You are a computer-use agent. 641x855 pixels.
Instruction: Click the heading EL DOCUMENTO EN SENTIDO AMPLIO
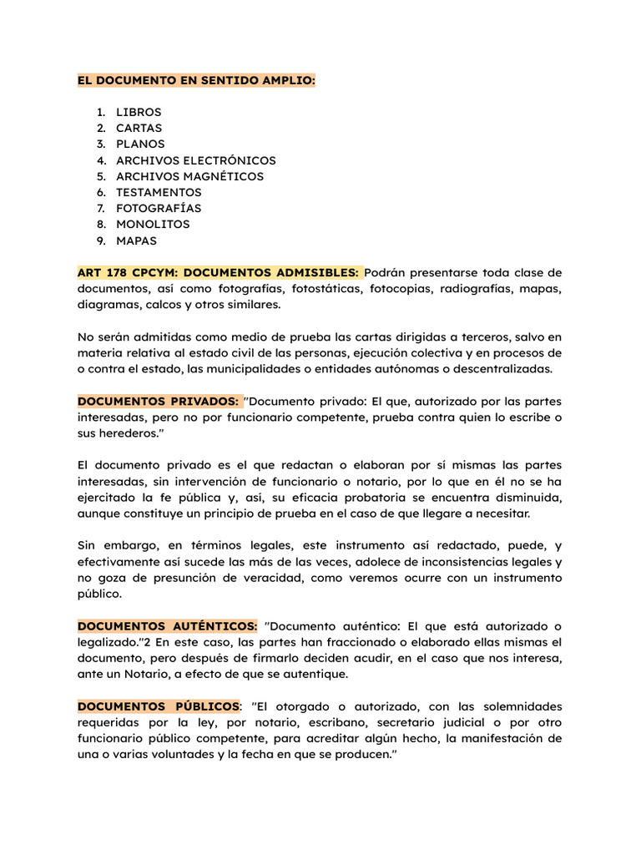[x=196, y=80]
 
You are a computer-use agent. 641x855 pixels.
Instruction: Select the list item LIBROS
[x=139, y=112]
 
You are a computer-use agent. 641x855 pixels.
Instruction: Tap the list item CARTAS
[x=139, y=128]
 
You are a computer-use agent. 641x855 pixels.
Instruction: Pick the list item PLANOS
[x=140, y=144]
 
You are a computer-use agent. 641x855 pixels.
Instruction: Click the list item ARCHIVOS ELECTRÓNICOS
[x=195, y=160]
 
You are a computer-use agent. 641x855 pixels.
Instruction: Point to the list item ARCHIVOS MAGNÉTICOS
[x=189, y=176]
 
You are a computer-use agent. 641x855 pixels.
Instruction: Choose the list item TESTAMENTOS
[x=159, y=192]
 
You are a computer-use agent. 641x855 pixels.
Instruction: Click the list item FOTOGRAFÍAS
[x=159, y=208]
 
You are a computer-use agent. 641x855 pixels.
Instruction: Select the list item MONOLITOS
[x=153, y=224]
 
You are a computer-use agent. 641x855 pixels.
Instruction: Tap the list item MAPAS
[x=136, y=240]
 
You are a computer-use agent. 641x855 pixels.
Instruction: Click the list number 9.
[x=99, y=240]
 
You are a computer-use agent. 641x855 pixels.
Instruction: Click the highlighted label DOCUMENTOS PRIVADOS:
[x=158, y=402]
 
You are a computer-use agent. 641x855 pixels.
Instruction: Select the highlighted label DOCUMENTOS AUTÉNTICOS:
[x=167, y=626]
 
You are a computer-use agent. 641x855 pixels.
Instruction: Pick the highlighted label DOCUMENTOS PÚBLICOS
[x=158, y=706]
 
